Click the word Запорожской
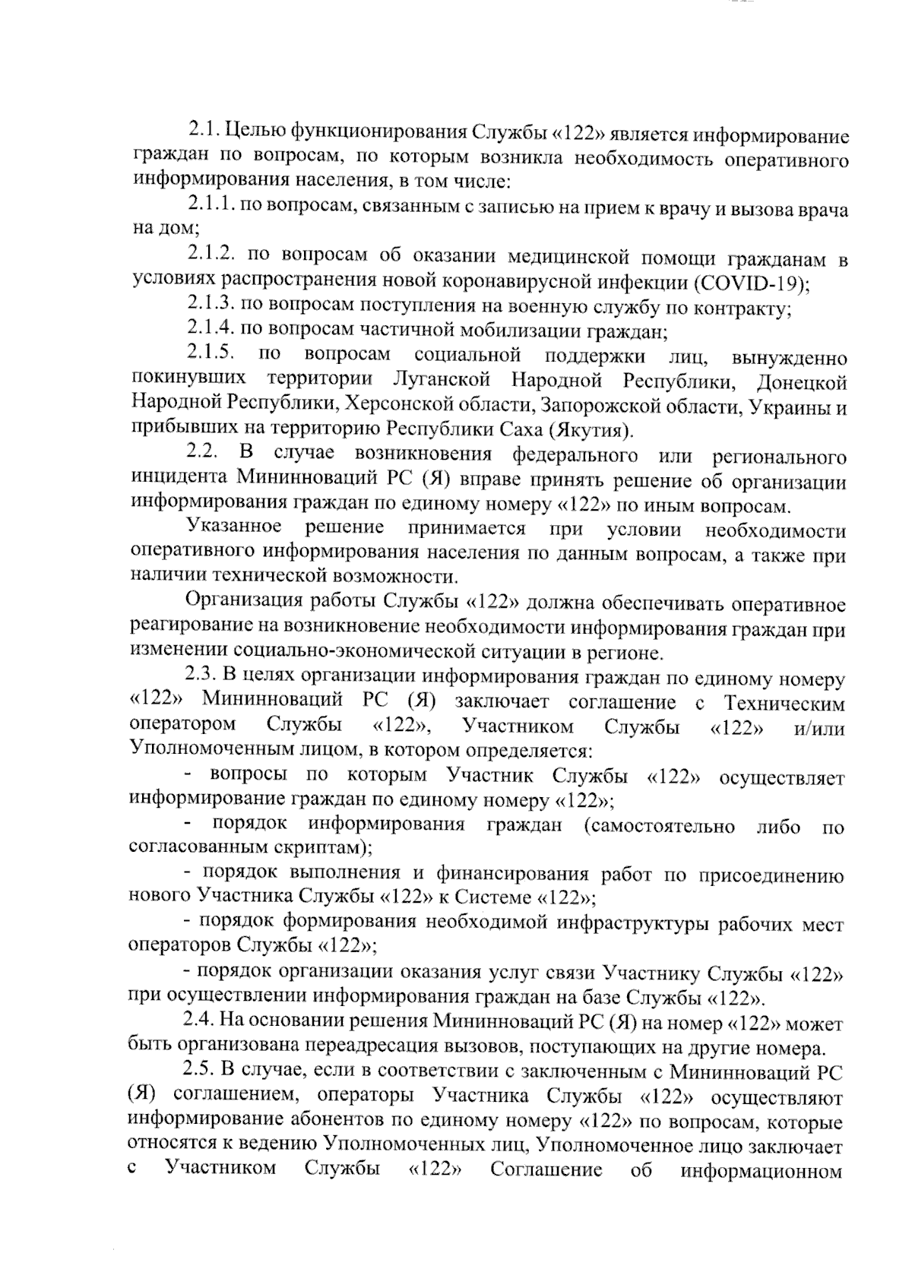coord(598,405)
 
